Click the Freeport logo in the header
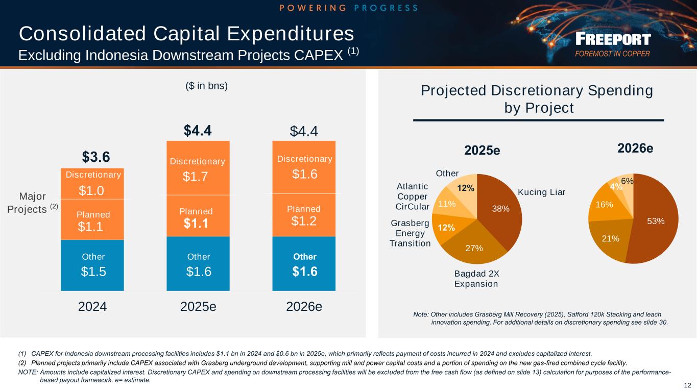click(612, 45)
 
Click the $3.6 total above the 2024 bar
click(96, 156)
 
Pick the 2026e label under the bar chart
click(304, 307)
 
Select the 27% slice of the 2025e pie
click(472, 242)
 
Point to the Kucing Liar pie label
click(541, 192)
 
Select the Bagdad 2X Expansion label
click(476, 278)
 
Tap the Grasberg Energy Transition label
click(410, 233)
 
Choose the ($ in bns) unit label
click(206, 86)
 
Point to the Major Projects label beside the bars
click(32, 203)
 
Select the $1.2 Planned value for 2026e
click(304, 220)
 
